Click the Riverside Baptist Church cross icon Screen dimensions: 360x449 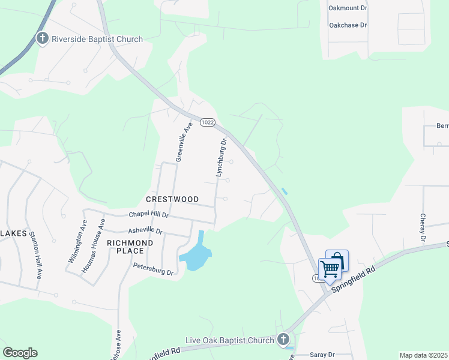pyautogui.click(x=43, y=39)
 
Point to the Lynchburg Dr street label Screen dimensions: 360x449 pyautogui.click(x=220, y=157)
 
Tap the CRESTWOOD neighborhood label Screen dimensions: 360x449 pyautogui.click(x=172, y=199)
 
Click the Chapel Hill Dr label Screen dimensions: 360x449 pyautogui.click(x=149, y=214)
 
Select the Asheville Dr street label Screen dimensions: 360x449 pyautogui.click(x=145, y=230)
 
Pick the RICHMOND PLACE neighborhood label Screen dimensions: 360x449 pyautogui.click(x=125, y=247)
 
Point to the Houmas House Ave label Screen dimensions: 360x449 pyautogui.click(x=102, y=241)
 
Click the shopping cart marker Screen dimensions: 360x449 pyautogui.click(x=330, y=269)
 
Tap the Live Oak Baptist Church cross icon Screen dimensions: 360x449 pyautogui.click(x=283, y=340)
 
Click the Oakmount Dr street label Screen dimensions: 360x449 pyautogui.click(x=348, y=8)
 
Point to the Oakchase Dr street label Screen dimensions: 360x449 pyautogui.click(x=348, y=25)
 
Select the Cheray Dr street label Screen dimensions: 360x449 pyautogui.click(x=423, y=228)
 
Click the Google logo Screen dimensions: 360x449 pyautogui.click(x=20, y=353)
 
